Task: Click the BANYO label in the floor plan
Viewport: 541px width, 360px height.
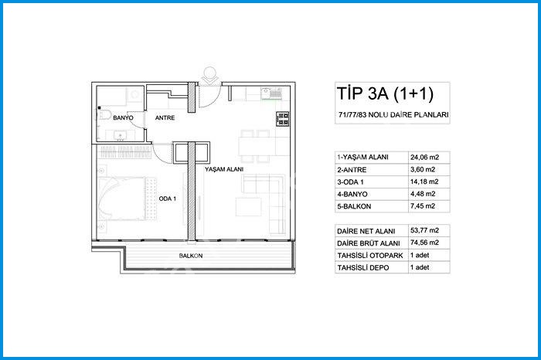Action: coord(123,118)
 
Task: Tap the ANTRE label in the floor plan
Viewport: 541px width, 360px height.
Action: coord(165,118)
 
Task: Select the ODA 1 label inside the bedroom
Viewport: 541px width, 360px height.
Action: coord(168,199)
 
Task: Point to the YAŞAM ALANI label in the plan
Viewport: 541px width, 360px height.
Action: coord(224,169)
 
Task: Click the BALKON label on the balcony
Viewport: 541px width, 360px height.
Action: coord(191,256)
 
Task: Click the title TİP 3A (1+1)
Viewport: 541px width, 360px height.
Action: coord(385,93)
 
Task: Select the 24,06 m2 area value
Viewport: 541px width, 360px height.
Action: coord(424,158)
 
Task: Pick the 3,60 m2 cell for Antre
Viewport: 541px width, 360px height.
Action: coord(423,170)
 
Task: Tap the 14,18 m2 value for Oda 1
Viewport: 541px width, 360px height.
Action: coord(424,182)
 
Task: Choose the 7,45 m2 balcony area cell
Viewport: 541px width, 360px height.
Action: coord(423,206)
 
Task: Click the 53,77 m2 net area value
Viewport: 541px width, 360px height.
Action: coord(424,230)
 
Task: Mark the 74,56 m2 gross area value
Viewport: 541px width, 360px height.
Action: coord(424,243)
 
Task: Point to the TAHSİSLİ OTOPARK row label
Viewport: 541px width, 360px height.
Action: coord(370,256)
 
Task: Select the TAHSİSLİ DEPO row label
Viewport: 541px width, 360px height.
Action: coord(363,267)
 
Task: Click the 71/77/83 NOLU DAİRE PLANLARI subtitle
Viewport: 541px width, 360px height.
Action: coord(393,115)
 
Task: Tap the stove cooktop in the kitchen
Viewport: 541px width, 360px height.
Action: coord(282,119)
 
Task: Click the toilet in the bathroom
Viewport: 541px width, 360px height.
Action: coord(104,114)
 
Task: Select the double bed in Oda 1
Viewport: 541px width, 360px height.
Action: coord(122,199)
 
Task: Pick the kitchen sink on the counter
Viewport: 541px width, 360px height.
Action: coord(271,93)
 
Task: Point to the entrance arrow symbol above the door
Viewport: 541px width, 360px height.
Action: coord(209,76)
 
